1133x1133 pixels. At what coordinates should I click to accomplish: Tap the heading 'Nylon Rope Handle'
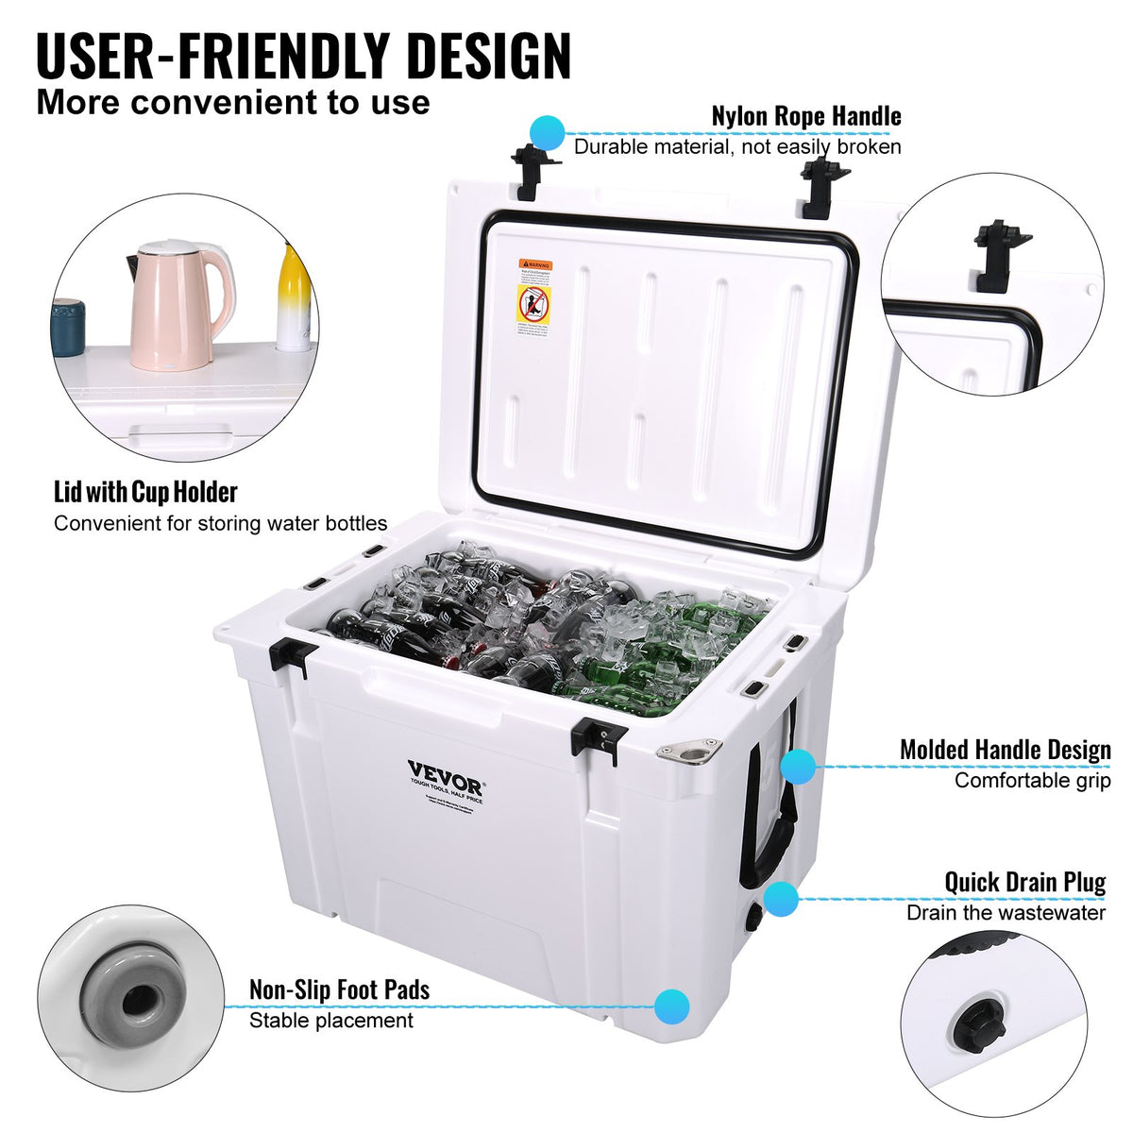tap(806, 116)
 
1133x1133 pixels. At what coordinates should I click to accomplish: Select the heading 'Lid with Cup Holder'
tap(145, 492)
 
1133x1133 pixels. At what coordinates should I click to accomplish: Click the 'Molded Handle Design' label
tap(1005, 750)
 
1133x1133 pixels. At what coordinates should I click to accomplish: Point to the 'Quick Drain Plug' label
tap(1024, 882)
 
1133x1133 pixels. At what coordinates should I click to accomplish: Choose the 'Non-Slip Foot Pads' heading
tap(339, 989)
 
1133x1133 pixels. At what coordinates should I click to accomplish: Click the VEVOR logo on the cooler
tap(446, 770)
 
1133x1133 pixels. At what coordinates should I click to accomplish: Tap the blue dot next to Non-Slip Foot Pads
tap(671, 1005)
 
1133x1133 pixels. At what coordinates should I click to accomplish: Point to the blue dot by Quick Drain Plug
tap(781, 899)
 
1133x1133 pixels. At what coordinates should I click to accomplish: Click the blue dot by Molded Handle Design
tap(799, 766)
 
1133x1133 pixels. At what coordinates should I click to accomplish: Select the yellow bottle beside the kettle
tap(294, 297)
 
